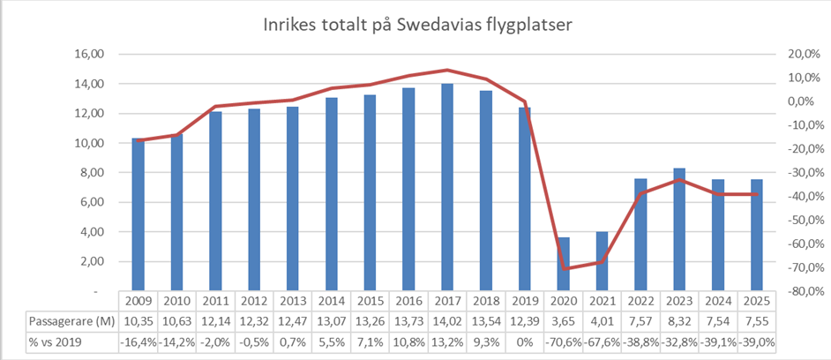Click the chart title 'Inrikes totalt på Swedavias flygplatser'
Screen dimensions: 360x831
[x=418, y=26]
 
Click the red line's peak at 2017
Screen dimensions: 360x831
[x=447, y=70]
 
